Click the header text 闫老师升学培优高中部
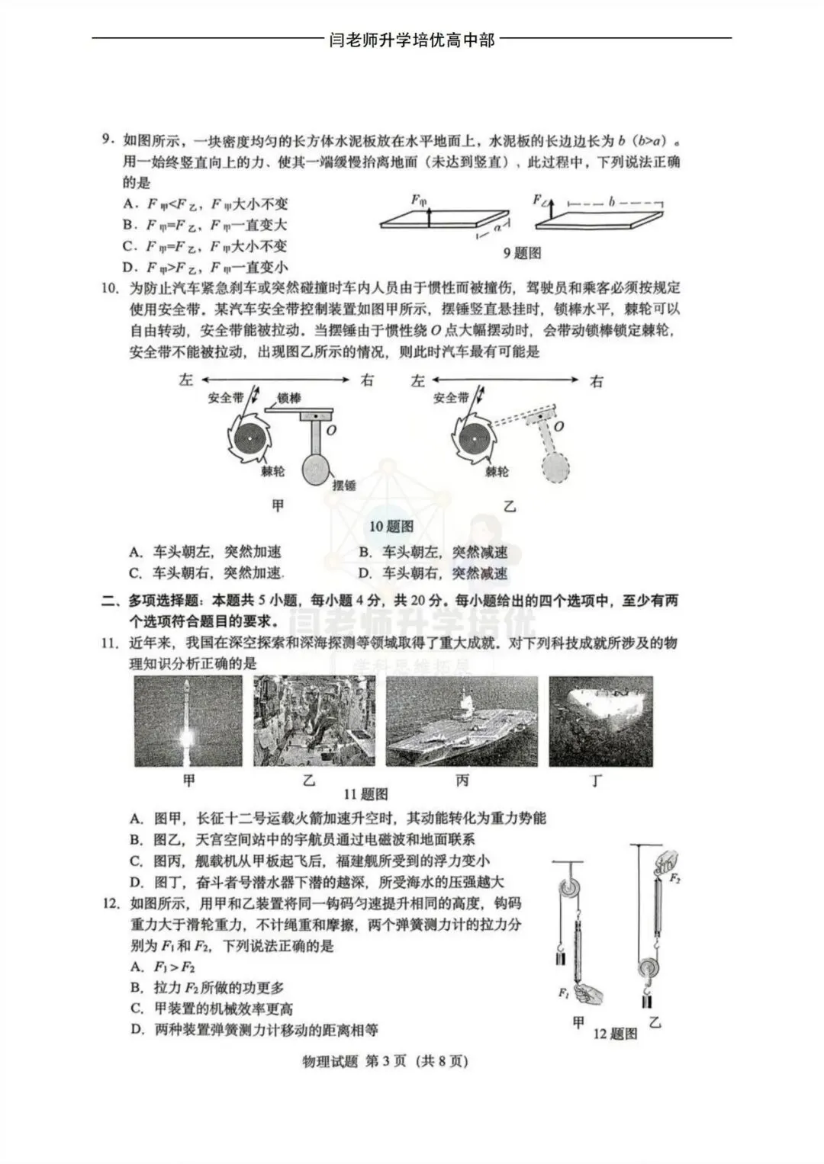pyautogui.click(x=411, y=40)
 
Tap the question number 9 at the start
pyautogui.click(x=108, y=140)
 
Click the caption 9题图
pyautogui.click(x=522, y=253)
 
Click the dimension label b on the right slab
pyautogui.click(x=611, y=203)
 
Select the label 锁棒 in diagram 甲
pyautogui.click(x=288, y=397)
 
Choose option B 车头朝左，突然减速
pyautogui.click(x=433, y=552)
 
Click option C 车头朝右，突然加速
pyautogui.click(x=205, y=573)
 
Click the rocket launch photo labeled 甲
pyautogui.click(x=188, y=721)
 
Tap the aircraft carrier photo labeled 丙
pyautogui.click(x=462, y=721)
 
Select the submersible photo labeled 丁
pyautogui.click(x=600, y=721)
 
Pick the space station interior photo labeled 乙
pyautogui.click(x=314, y=721)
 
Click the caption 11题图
pyautogui.click(x=365, y=794)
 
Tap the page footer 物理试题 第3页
pyautogui.click(x=385, y=1061)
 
